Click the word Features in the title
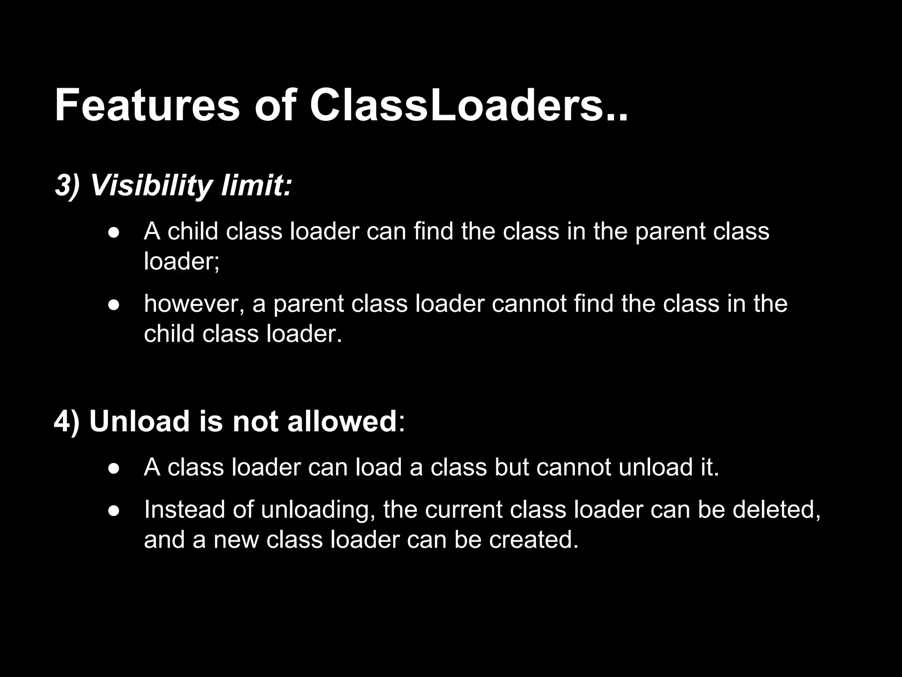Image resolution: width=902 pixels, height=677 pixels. [x=147, y=106]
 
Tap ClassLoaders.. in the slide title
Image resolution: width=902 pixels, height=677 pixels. [x=469, y=106]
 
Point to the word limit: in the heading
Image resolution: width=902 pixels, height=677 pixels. [x=256, y=186]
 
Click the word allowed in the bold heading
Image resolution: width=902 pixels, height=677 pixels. [x=342, y=421]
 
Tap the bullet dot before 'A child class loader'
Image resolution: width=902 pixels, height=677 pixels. [x=114, y=232]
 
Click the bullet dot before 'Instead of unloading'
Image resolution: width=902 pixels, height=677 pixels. [x=114, y=511]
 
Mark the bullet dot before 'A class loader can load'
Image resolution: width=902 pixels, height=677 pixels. [x=114, y=469]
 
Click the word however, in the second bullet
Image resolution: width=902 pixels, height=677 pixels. [x=194, y=304]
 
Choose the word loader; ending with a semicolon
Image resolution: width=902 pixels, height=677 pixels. [x=181, y=261]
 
